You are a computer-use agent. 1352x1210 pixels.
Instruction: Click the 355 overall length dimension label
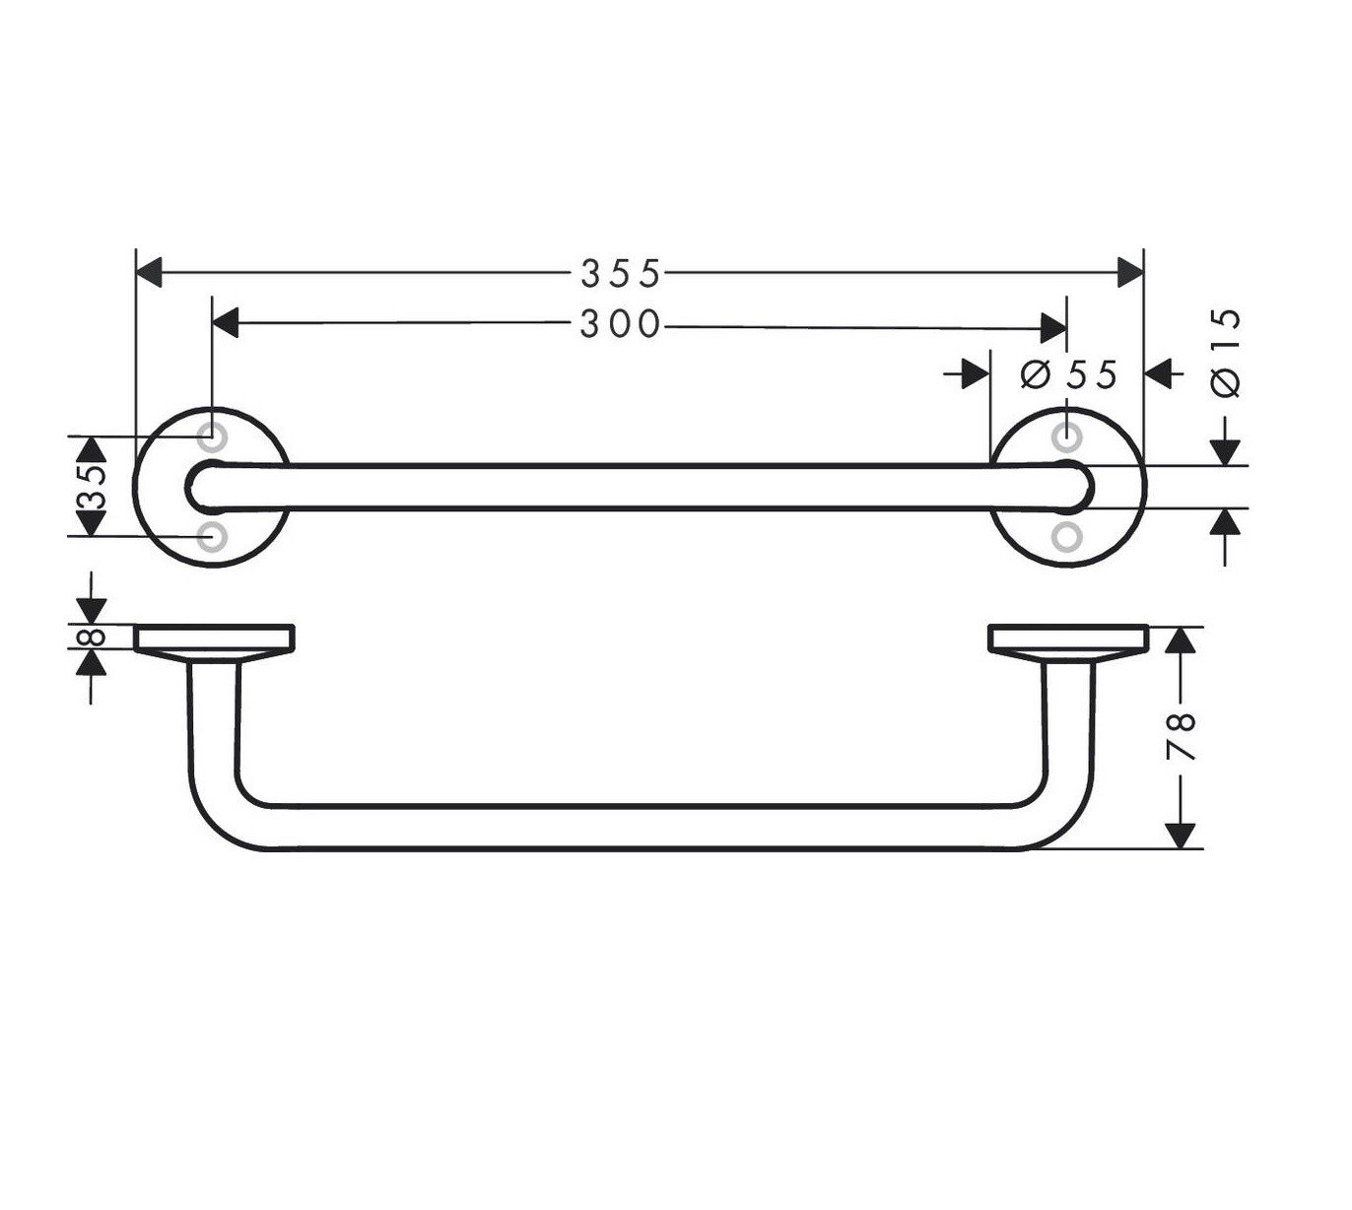point(620,273)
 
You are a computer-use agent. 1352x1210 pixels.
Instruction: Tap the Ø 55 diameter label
point(1069,374)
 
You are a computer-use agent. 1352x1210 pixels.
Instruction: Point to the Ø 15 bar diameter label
point(1226,353)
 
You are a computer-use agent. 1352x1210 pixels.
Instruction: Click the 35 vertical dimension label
point(91,486)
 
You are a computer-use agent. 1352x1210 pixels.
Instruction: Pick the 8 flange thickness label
point(91,637)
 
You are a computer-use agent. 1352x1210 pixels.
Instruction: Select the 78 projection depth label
point(1182,735)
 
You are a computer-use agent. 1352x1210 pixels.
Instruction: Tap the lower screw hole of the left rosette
point(212,536)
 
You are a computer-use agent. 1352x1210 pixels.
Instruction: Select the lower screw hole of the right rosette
point(1066,536)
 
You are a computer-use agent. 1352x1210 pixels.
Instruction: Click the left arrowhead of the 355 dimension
point(148,273)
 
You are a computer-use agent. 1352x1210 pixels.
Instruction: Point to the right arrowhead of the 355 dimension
point(1129,273)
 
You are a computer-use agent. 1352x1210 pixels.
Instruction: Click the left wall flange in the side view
point(214,639)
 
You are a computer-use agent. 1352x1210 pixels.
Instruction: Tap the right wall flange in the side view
point(1068,639)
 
